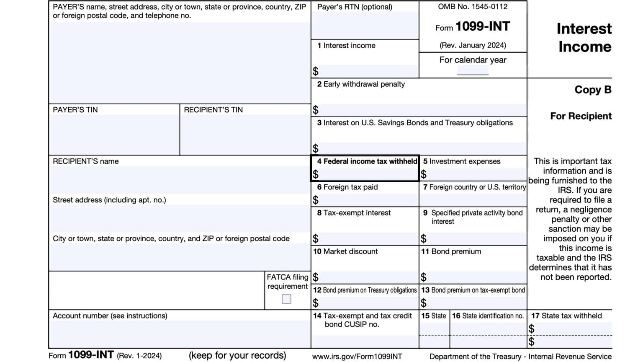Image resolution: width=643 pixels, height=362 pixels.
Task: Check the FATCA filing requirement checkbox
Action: coord(286,299)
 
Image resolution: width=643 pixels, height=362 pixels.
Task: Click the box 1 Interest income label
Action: coord(346,46)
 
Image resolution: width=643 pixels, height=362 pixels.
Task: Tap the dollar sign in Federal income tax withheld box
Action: coord(316,174)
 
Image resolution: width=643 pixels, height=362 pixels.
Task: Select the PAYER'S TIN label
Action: coord(75,110)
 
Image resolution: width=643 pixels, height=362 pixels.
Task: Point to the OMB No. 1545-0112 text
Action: coord(473,7)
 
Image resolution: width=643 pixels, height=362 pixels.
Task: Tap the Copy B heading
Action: coord(592,90)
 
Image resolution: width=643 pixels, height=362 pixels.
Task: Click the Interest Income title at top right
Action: coord(584,38)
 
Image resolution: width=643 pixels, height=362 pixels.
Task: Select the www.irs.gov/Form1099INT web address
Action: coord(357,357)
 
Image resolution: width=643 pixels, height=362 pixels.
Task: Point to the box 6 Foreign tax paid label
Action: coord(347,187)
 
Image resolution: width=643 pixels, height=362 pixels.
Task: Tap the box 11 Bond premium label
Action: coord(451,251)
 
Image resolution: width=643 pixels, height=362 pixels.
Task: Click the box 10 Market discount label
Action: coord(345,251)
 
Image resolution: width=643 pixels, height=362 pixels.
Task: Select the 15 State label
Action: coord(433,316)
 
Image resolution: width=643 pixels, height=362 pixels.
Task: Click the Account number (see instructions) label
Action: coord(110,316)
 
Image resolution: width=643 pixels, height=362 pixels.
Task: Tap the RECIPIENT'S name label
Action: coord(85,161)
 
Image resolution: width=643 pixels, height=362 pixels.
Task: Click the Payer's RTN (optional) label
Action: coord(355,7)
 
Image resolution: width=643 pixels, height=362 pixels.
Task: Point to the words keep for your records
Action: coord(237,355)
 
